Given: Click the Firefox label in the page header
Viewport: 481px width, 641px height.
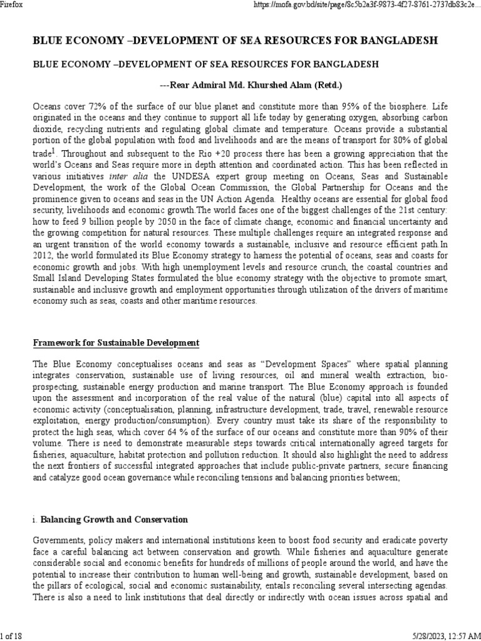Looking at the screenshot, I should tap(12, 4).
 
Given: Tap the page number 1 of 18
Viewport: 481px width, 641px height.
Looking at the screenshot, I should tap(12, 636).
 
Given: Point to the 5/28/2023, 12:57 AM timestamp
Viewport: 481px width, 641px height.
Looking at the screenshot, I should tap(445, 636).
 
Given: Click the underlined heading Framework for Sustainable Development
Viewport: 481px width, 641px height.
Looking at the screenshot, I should tap(116, 342).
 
